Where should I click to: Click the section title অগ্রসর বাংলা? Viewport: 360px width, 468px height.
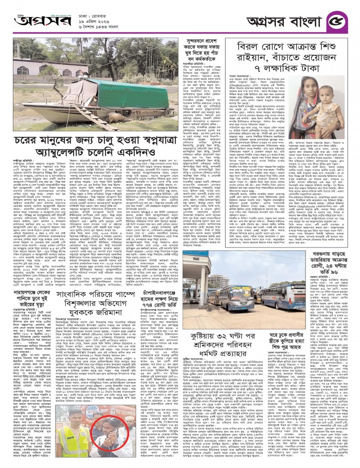(289, 21)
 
